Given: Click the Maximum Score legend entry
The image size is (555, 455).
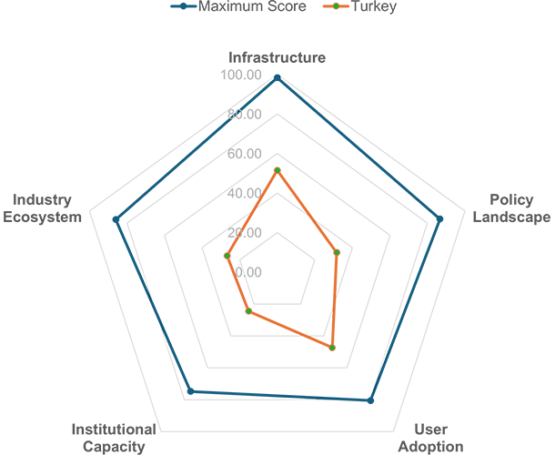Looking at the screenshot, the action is (238, 6).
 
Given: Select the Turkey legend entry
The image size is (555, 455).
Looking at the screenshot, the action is (360, 6).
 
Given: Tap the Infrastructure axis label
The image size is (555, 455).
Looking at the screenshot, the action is (277, 57).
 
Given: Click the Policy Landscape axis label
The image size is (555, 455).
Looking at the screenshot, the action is (511, 208).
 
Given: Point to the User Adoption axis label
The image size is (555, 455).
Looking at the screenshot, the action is (430, 438).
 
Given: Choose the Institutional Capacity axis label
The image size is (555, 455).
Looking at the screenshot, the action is (114, 438).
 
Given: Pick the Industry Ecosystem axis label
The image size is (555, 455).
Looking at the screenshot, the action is (42, 208).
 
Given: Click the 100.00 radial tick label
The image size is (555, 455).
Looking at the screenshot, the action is (241, 75).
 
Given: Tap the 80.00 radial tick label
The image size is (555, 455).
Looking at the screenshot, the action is (244, 114).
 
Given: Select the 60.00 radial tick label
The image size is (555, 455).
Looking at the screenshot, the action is (244, 154).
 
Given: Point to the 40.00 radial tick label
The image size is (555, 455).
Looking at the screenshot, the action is (244, 193).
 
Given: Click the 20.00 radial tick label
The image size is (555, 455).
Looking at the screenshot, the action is (244, 233).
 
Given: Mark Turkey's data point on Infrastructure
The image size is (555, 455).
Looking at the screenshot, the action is (277, 170).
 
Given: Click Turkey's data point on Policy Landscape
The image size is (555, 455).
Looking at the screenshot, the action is (337, 252).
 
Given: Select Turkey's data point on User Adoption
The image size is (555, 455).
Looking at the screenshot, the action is (332, 348).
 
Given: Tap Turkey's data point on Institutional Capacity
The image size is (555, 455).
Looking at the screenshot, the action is (248, 311).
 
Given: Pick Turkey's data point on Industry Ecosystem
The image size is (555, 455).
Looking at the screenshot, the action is (227, 256).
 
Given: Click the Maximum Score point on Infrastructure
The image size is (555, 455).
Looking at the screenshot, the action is (277, 78).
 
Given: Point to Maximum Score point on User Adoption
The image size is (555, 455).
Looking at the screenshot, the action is (370, 400).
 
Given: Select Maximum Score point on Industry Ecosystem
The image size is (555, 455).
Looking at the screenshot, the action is (116, 219).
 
